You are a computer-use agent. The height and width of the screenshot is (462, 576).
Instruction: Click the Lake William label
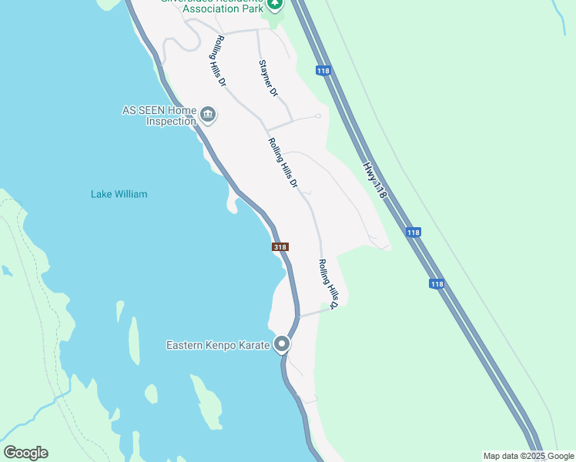pyautogui.click(x=119, y=194)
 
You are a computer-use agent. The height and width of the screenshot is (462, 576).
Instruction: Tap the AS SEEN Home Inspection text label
pyautogui.click(x=159, y=115)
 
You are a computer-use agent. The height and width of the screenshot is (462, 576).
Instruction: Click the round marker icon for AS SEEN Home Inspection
pyautogui.click(x=208, y=115)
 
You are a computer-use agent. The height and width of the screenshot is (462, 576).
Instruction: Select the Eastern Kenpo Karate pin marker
pyautogui.click(x=283, y=344)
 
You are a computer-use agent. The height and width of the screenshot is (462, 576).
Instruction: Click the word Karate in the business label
pyautogui.click(x=253, y=345)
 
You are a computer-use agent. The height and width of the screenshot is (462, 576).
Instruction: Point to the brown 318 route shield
pyautogui.click(x=280, y=247)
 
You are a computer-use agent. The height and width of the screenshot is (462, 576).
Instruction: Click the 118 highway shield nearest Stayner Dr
pyautogui.click(x=323, y=71)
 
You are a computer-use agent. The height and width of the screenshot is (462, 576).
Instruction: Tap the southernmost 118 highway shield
pyautogui.click(x=437, y=284)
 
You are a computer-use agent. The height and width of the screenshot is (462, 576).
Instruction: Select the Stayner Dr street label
pyautogui.click(x=268, y=79)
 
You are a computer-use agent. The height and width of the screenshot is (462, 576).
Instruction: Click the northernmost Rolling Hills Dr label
pyautogui.click(x=220, y=60)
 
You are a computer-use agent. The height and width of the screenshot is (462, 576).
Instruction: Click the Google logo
pyautogui.click(x=25, y=453)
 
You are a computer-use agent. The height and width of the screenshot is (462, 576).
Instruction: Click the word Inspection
pyautogui.click(x=171, y=122)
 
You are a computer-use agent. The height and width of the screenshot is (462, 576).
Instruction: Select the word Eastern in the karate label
pyautogui.click(x=184, y=345)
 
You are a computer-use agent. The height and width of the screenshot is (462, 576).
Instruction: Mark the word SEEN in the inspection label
pyautogui.click(x=152, y=110)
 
